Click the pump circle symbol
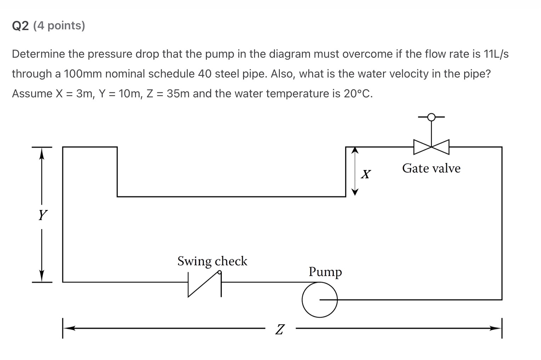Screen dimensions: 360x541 point(320,299)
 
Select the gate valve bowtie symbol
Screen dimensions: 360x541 point(431,147)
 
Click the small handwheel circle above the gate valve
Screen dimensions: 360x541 point(431,117)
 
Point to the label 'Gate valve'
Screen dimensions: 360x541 point(431,168)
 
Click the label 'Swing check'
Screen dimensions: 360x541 point(212,261)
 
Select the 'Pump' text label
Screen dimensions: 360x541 point(325,272)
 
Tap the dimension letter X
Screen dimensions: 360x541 point(366,174)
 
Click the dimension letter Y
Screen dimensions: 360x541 point(43,215)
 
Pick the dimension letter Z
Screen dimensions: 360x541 point(280,329)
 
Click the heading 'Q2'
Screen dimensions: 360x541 point(20,26)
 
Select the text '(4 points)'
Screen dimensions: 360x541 point(59,26)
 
